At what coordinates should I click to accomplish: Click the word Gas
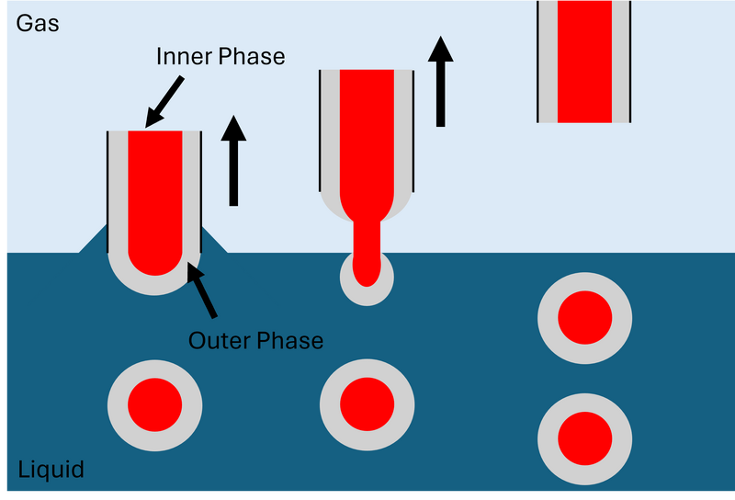[38, 23]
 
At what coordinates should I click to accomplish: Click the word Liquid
[51, 470]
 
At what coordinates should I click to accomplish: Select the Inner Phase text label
[220, 56]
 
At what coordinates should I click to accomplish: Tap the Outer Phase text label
[255, 340]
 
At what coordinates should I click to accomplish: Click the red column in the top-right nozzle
[584, 61]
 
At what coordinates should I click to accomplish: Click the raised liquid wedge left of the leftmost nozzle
[95, 243]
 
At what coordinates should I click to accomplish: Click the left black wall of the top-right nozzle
[538, 61]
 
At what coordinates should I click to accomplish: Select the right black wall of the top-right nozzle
[631, 61]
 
